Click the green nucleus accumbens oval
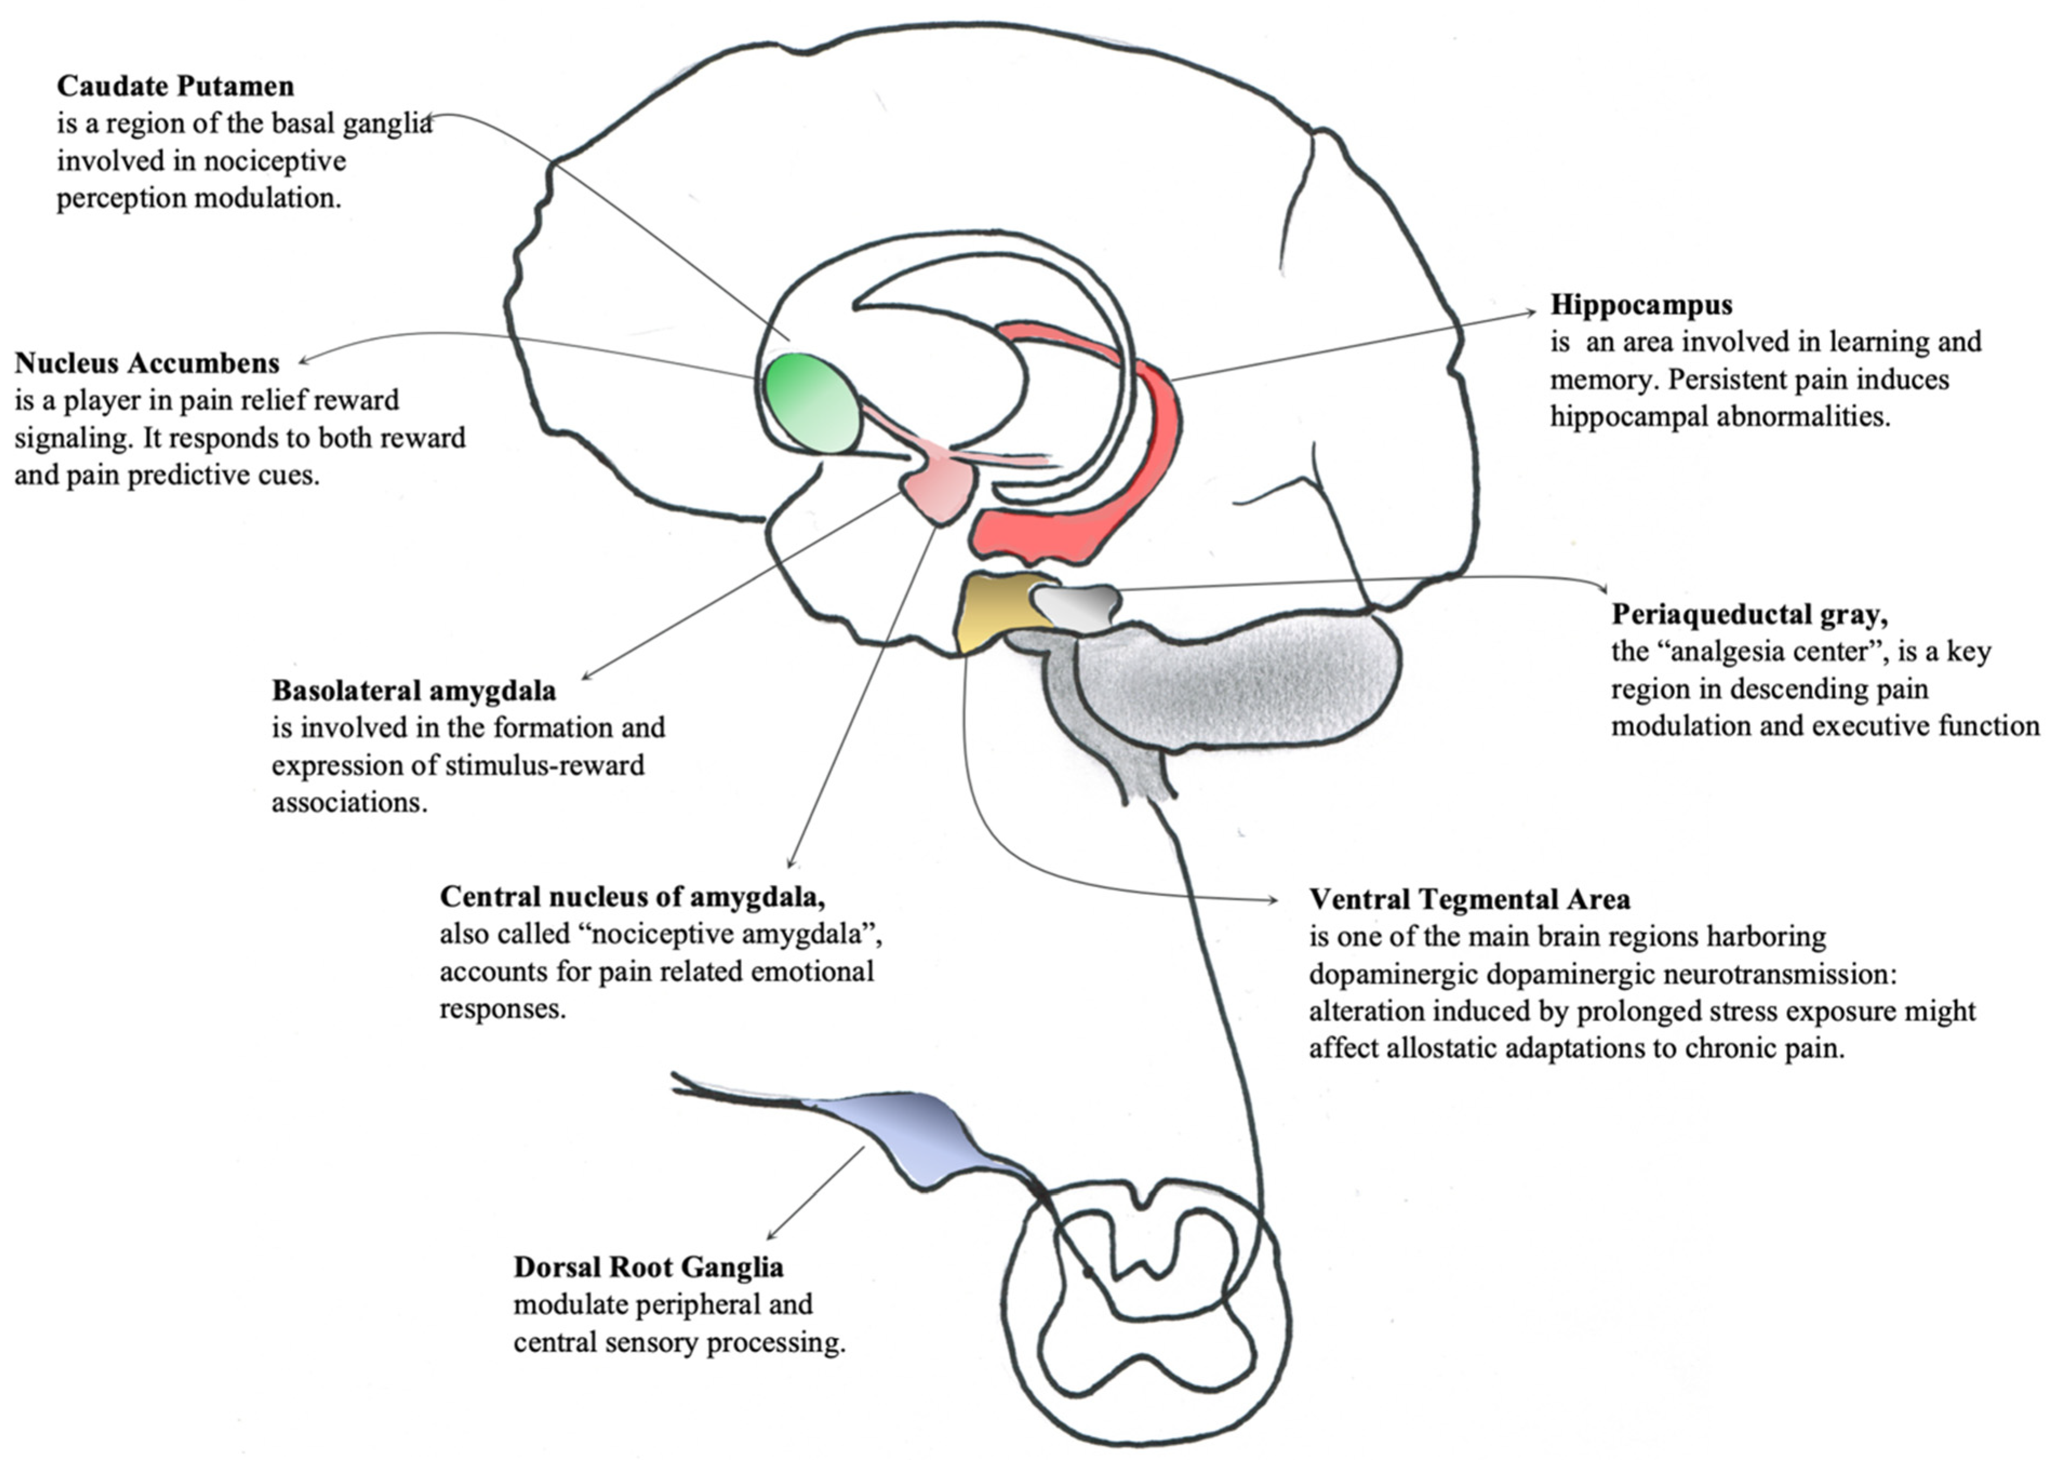pos(811,403)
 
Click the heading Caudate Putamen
pos(175,86)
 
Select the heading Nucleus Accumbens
pos(146,363)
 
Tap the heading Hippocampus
pos(1641,305)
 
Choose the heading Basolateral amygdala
pos(413,691)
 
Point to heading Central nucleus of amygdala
pos(632,896)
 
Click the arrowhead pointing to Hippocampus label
pos(1533,312)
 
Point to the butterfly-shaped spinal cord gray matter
pos(1146,1277)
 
